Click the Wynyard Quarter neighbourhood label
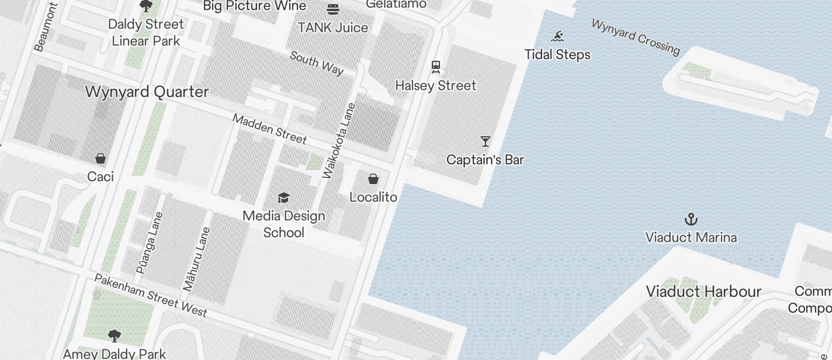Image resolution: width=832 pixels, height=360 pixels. coord(147,92)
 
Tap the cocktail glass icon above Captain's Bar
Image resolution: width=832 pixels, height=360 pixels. coord(485,141)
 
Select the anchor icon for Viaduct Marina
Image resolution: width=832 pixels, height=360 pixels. coord(691,219)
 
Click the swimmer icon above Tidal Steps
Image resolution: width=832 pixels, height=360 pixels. coord(557,37)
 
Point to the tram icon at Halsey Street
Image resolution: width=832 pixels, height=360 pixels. coord(436,67)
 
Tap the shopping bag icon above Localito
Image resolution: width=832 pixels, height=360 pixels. coord(373,179)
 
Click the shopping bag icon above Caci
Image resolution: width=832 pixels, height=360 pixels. coord(100,158)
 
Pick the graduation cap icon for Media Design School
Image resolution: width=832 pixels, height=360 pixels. coord(283,198)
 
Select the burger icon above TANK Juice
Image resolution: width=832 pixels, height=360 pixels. coord(333,9)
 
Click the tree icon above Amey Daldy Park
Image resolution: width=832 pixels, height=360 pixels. coord(115,335)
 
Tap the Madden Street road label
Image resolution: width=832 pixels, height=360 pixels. coord(269,129)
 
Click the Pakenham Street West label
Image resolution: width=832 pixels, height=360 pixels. coord(151,295)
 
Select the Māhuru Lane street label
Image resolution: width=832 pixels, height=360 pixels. coord(197,259)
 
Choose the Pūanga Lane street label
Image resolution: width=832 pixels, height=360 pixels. coord(149,243)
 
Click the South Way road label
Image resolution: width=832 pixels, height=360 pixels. coord(317,63)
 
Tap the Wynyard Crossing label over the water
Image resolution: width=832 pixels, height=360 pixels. coord(636,37)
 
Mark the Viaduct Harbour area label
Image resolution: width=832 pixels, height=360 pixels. coord(703,291)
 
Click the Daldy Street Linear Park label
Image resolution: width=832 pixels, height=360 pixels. coord(146,32)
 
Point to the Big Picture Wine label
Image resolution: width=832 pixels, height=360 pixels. coord(255,6)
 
